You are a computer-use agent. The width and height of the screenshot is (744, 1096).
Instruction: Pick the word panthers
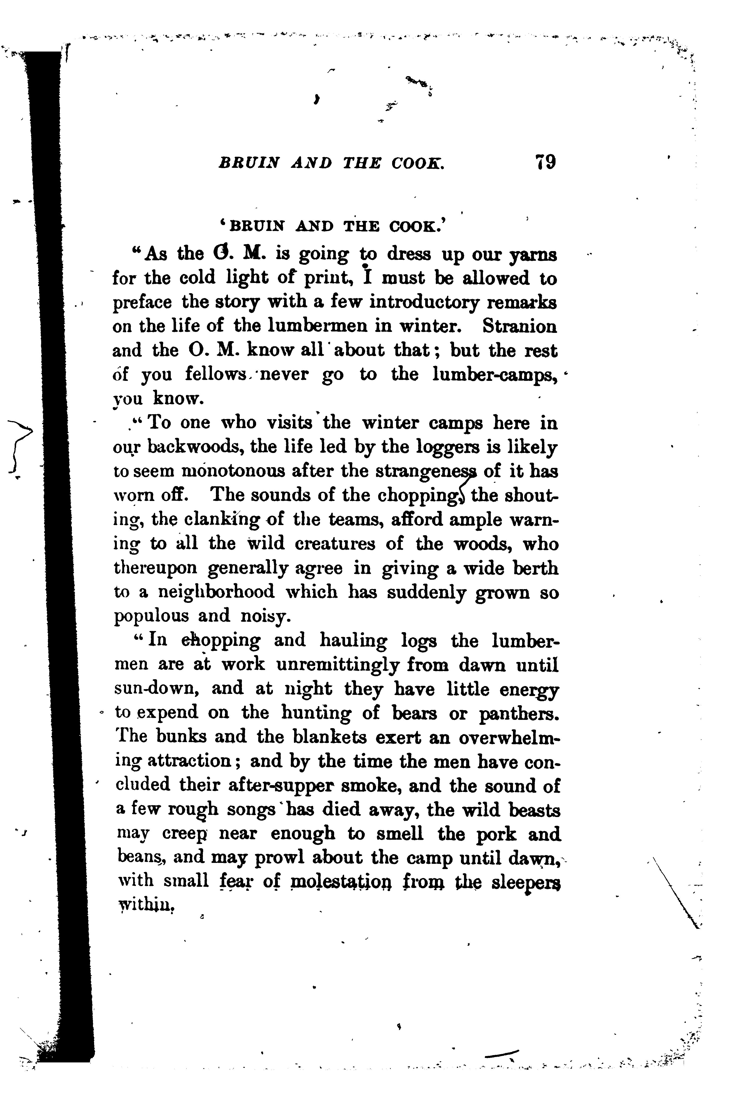pos(519,713)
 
